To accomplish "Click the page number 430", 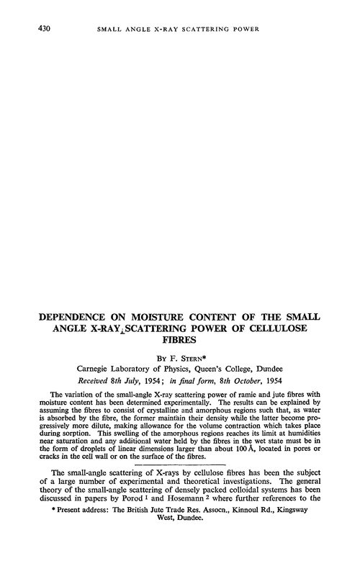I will tap(32, 28).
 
